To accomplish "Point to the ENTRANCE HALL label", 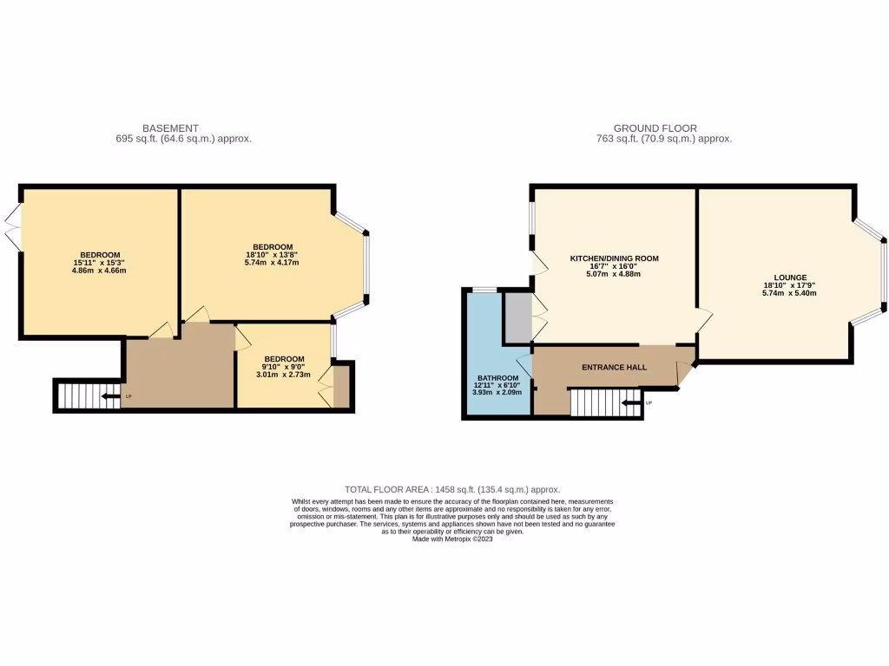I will click(x=614, y=368).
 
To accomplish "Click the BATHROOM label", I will click(x=497, y=378).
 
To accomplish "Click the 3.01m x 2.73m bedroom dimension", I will click(x=285, y=375).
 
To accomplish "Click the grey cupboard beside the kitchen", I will click(x=517, y=317).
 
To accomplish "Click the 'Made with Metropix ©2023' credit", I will click(x=452, y=539).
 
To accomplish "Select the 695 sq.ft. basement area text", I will click(x=183, y=139).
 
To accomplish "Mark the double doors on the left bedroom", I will click(x=13, y=228).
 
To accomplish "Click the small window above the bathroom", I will click(x=484, y=290).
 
